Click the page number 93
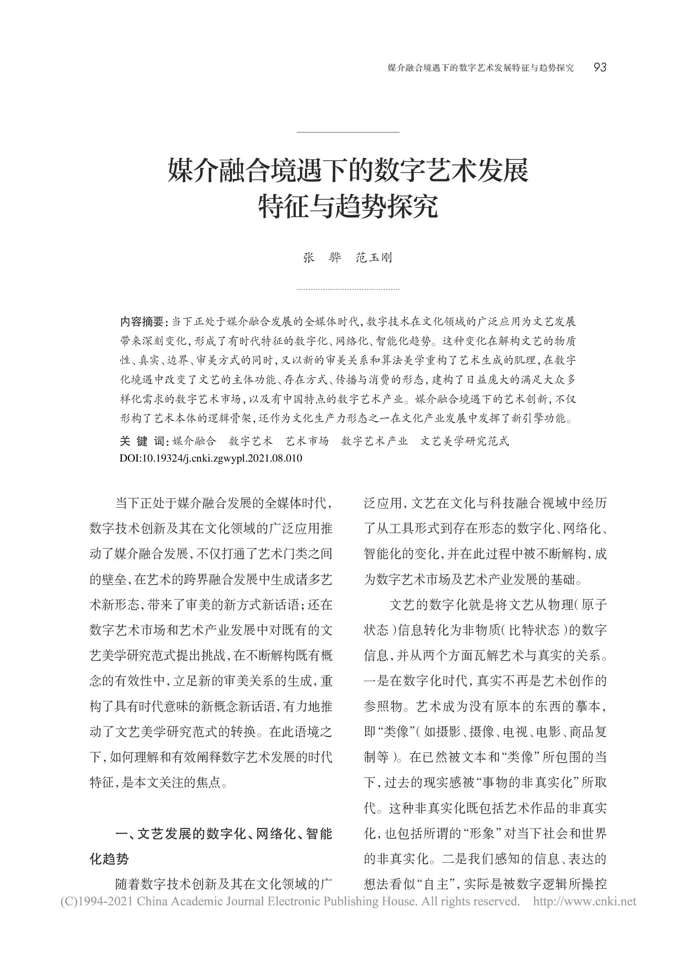point(600,68)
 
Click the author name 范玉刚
point(374,258)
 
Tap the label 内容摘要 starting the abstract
point(142,322)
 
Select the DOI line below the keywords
point(211,458)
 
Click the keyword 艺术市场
point(307,442)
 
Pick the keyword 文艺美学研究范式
point(464,442)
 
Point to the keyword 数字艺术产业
point(374,442)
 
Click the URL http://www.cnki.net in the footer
point(584,901)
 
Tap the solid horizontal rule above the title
point(348,132)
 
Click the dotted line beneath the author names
point(348,290)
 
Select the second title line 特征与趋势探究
point(348,206)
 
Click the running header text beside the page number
point(481,68)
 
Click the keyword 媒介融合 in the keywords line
point(195,442)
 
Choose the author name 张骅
point(322,258)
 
